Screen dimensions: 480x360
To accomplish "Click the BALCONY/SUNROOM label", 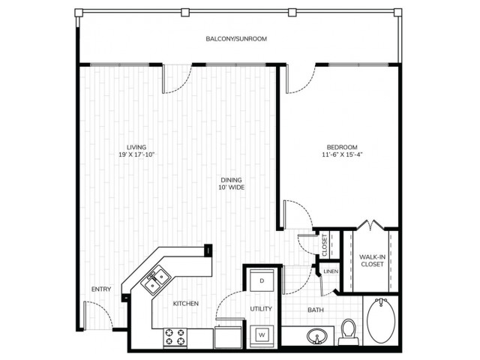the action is pyautogui.click(x=236, y=39).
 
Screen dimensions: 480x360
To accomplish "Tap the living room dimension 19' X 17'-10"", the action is pyautogui.click(x=136, y=154).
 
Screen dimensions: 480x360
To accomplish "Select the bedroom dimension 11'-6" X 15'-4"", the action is pyautogui.click(x=342, y=154).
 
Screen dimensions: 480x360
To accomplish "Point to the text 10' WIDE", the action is pyautogui.click(x=232, y=187).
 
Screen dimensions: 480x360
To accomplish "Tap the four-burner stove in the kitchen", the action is pyautogui.click(x=175, y=337).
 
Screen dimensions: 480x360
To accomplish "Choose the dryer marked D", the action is pyautogui.click(x=262, y=280).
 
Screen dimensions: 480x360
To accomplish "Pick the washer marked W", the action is pyautogui.click(x=262, y=335).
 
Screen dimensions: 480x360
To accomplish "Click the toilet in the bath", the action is pyautogui.click(x=348, y=331).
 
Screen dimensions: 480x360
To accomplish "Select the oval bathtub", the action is pyautogui.click(x=381, y=320).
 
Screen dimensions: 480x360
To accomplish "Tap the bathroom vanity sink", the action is pyautogui.click(x=316, y=336).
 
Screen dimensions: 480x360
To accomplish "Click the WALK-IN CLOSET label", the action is pyautogui.click(x=372, y=260).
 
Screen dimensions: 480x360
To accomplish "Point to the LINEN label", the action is pyautogui.click(x=331, y=271).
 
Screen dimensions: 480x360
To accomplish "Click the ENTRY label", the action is pyautogui.click(x=101, y=289).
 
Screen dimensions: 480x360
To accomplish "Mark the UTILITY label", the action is pyautogui.click(x=261, y=309).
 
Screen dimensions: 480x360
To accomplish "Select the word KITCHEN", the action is pyautogui.click(x=185, y=304).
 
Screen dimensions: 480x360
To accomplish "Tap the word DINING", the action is pyautogui.click(x=232, y=180).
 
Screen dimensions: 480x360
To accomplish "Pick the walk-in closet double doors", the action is pyautogui.click(x=370, y=226).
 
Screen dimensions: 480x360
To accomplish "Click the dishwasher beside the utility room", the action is pyautogui.click(x=228, y=337).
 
